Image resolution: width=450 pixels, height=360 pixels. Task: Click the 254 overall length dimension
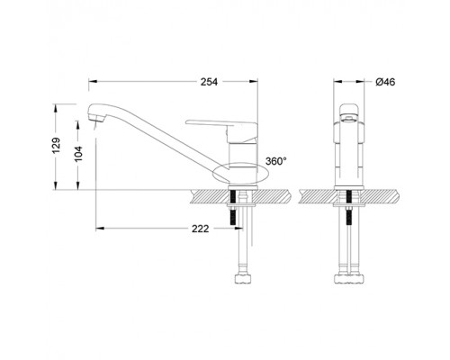coord(210,82)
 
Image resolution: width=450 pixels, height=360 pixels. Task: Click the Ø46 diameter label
coord(384,82)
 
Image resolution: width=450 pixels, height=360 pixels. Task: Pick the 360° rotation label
coord(276,161)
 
